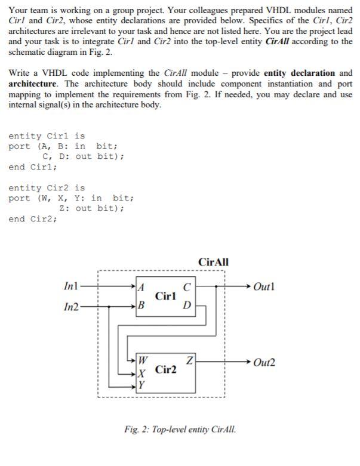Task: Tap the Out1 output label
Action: [263, 287]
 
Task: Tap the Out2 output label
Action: [263, 362]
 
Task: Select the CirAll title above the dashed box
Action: [213, 262]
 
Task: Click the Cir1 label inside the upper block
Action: [165, 296]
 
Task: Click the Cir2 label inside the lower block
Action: [165, 370]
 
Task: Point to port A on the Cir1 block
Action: [141, 287]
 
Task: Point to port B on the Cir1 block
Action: [141, 306]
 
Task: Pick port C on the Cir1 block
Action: [187, 287]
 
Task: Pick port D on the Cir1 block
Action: [187, 306]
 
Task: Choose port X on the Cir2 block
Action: [141, 374]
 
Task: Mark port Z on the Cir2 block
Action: [189, 360]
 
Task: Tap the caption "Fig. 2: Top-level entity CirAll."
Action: [180, 429]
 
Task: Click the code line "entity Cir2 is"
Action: [47, 187]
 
